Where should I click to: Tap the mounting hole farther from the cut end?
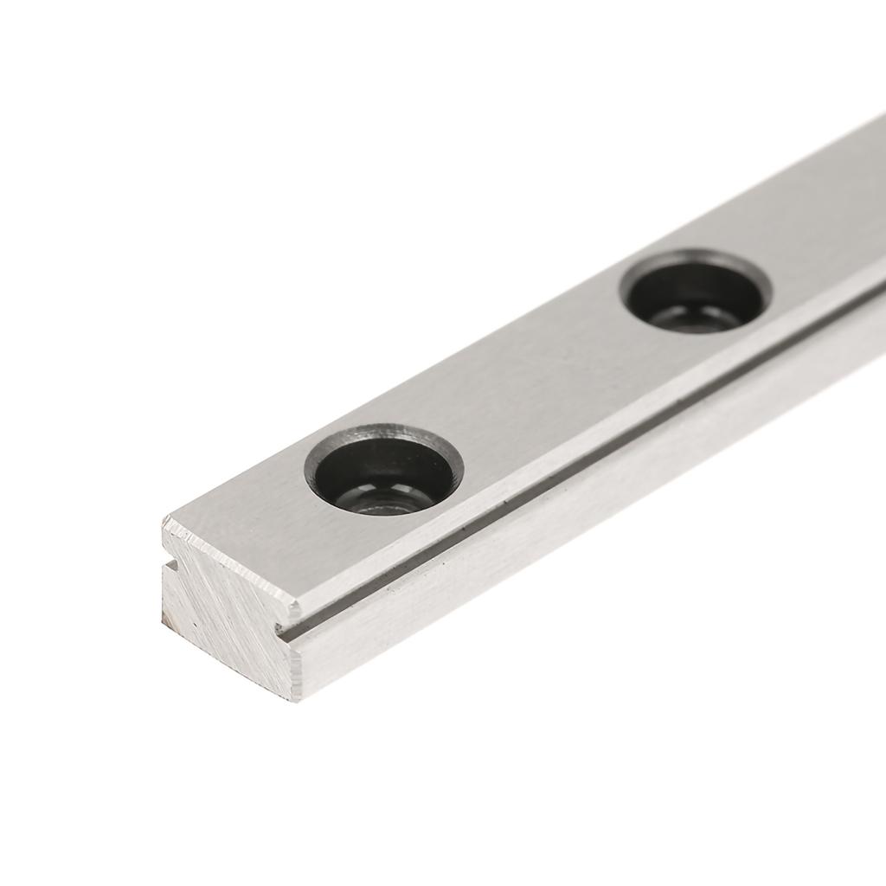[x=697, y=292]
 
